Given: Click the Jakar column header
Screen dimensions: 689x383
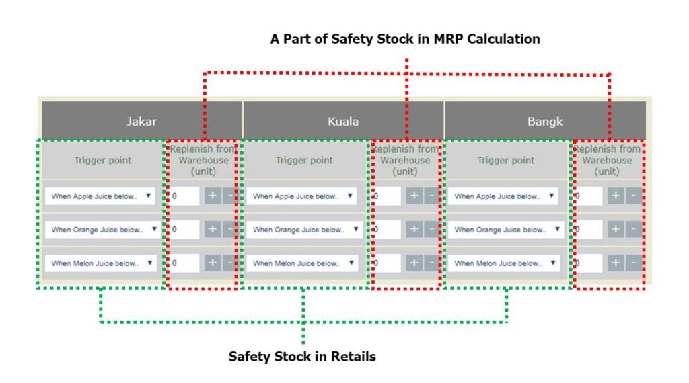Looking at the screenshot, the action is click(142, 121).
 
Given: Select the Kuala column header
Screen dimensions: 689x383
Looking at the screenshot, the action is click(343, 121).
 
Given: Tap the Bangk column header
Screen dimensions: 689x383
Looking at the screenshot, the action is click(545, 121).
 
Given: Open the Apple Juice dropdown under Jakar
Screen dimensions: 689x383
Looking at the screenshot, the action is click(101, 196).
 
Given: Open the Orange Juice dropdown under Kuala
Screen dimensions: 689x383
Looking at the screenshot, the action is click(305, 229).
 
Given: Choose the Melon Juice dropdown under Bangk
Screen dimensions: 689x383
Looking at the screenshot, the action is click(503, 263).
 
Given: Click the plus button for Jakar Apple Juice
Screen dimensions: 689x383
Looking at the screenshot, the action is click(213, 196).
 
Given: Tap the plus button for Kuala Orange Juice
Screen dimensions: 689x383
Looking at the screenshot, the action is click(414, 229).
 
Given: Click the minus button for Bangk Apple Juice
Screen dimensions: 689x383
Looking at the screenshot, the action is click(634, 196).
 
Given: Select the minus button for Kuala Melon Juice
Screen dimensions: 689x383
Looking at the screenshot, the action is click(432, 263).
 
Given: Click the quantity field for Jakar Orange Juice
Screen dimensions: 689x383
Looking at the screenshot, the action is click(184, 229).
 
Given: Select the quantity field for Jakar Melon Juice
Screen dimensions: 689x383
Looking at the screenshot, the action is click(184, 263).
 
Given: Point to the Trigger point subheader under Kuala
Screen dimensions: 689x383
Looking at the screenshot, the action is click(304, 160).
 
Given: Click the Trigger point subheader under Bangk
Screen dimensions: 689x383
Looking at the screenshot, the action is click(506, 160).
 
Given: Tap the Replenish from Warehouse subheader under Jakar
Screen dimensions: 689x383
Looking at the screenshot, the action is click(203, 160).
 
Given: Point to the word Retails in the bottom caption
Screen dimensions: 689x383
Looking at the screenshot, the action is click(353, 356).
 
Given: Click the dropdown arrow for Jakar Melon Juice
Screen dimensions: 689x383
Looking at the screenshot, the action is click(150, 263).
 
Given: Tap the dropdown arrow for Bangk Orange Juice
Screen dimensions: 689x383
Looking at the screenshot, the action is click(557, 229).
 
